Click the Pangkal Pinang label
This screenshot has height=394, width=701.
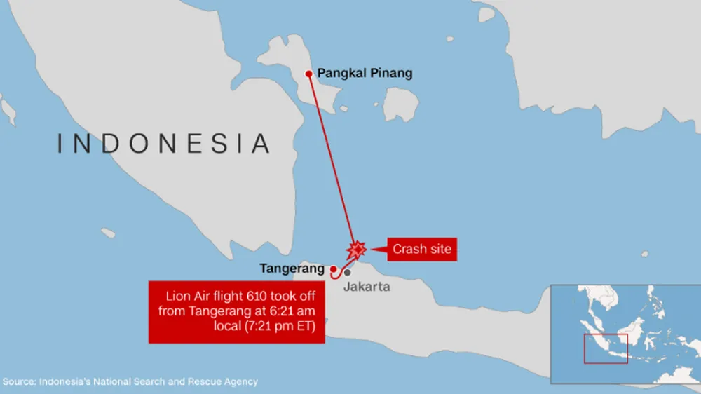pos(365,73)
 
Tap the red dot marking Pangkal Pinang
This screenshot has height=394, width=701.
pos(308,73)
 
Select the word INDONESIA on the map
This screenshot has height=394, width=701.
pos(163,143)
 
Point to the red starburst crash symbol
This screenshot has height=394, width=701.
pos(357,250)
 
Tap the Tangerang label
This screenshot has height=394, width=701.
pos(292,269)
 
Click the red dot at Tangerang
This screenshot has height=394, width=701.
pos(333,269)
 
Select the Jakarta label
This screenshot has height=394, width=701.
pos(367,287)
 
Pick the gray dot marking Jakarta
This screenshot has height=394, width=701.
pos(347,272)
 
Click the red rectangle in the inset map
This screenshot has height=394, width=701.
pos(606,348)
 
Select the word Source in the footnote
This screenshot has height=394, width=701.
pos(19,382)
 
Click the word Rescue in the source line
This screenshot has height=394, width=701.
pos(205,382)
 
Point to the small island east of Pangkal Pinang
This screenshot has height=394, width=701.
pos(400,105)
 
